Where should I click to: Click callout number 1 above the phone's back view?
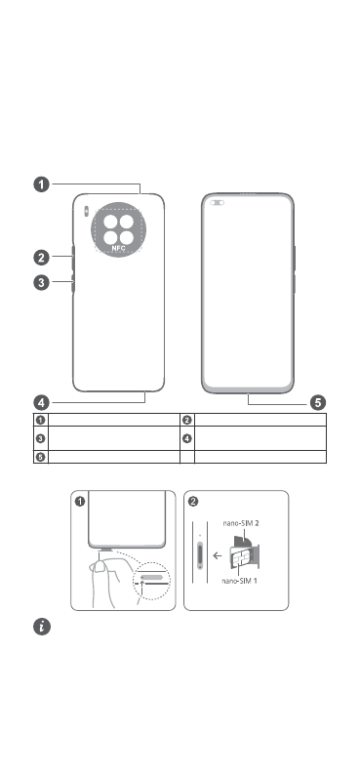tap(42, 184)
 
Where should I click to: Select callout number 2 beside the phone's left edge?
tap(42, 258)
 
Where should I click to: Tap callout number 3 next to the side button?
tap(42, 283)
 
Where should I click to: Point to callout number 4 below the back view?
tap(42, 402)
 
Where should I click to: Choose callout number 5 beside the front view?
tap(318, 403)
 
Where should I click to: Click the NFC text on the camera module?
tap(118, 248)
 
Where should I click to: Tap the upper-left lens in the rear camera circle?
tap(110, 222)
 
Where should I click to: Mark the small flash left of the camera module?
tap(86, 211)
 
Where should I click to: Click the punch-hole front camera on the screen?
tap(217, 202)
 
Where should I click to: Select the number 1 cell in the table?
tap(41, 420)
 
